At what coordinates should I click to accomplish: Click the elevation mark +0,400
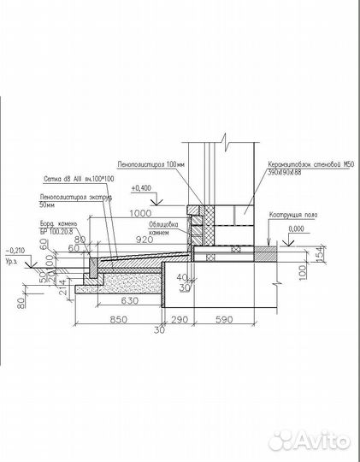coord(142,187)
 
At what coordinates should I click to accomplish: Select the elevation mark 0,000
coord(297,230)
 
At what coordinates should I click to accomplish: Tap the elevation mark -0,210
coord(15,250)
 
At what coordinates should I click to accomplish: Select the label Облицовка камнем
coord(162,228)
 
